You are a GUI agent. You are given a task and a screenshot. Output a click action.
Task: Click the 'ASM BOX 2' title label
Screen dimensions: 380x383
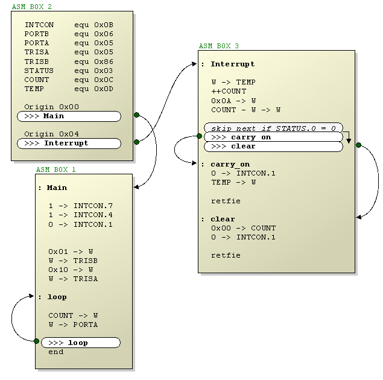(32, 7)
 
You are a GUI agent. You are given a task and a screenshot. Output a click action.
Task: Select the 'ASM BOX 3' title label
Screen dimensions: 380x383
(219, 46)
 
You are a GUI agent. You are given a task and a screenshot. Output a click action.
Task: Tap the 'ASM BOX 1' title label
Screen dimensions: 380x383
(56, 170)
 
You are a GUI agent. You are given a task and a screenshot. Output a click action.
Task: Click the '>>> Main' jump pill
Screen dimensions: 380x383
(69, 116)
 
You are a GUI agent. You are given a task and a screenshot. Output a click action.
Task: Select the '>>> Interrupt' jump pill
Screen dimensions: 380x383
(69, 144)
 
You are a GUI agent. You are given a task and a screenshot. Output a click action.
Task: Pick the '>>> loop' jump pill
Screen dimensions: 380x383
(80, 343)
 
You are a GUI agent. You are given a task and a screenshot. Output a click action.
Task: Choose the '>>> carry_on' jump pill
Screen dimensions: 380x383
(273, 137)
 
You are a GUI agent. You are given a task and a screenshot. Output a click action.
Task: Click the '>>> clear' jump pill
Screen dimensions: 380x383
(273, 146)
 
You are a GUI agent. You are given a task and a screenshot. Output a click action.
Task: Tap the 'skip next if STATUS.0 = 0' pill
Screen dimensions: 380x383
(273, 128)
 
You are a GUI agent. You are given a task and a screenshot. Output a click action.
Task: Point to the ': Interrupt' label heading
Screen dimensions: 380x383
(228, 64)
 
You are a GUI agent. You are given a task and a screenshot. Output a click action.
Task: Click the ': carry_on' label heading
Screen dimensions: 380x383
(226, 164)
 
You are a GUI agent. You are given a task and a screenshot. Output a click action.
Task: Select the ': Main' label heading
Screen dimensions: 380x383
(52, 188)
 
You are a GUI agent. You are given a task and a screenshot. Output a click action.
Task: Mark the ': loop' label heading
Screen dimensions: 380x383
(52, 297)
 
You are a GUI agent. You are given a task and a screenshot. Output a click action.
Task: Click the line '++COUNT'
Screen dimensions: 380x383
(229, 91)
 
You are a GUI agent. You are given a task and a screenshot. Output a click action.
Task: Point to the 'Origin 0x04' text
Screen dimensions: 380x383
(51, 134)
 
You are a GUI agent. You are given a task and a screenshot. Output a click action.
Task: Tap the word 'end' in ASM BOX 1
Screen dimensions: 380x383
(56, 352)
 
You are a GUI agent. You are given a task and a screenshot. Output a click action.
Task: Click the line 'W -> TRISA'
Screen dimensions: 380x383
(73, 279)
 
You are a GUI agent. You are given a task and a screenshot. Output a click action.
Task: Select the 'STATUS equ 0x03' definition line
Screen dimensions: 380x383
(68, 71)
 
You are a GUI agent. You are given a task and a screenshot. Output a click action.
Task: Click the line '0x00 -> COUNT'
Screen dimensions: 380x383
(243, 228)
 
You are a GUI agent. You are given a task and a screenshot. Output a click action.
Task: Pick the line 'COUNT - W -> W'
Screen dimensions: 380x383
(245, 110)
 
